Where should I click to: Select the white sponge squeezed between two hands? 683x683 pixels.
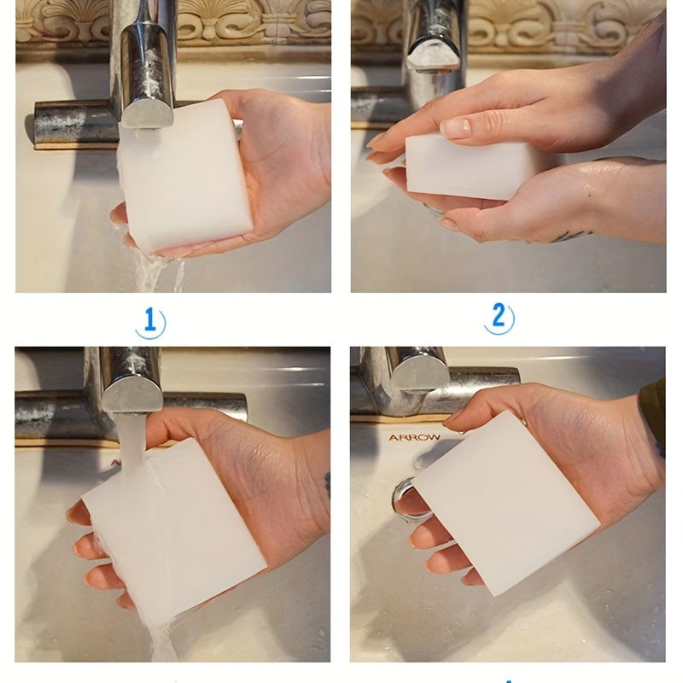pyautogui.click(x=470, y=167)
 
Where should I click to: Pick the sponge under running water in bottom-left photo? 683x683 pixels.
pyautogui.click(x=174, y=527)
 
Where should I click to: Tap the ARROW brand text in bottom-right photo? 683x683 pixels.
pyautogui.click(x=414, y=437)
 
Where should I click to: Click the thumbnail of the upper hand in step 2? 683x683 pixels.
pyautogui.click(x=455, y=127)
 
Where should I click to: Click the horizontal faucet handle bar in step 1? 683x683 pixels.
pyautogui.click(x=74, y=123)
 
